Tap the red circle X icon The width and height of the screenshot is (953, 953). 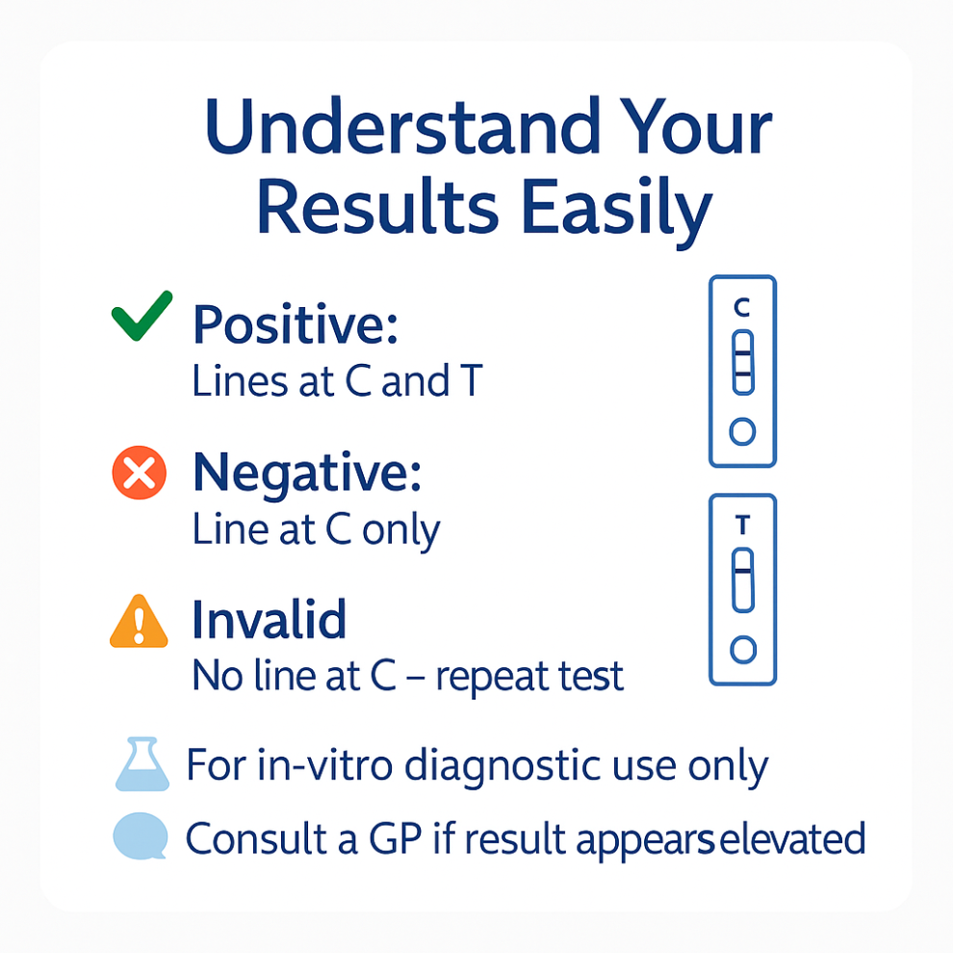(140, 473)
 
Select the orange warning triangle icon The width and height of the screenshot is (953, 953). (139, 621)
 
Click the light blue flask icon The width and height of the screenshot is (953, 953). (142, 764)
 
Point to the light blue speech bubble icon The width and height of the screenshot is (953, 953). (141, 837)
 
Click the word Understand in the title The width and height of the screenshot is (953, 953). (403, 127)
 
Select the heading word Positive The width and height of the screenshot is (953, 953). (296, 324)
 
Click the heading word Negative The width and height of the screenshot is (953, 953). (307, 474)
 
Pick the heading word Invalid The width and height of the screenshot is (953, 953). (270, 620)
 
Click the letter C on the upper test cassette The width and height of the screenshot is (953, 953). (742, 307)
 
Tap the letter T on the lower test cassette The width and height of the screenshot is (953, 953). (743, 526)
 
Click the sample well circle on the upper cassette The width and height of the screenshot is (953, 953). (742, 431)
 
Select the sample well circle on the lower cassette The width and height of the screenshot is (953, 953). (743, 650)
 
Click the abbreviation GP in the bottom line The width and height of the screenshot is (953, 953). (395, 839)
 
